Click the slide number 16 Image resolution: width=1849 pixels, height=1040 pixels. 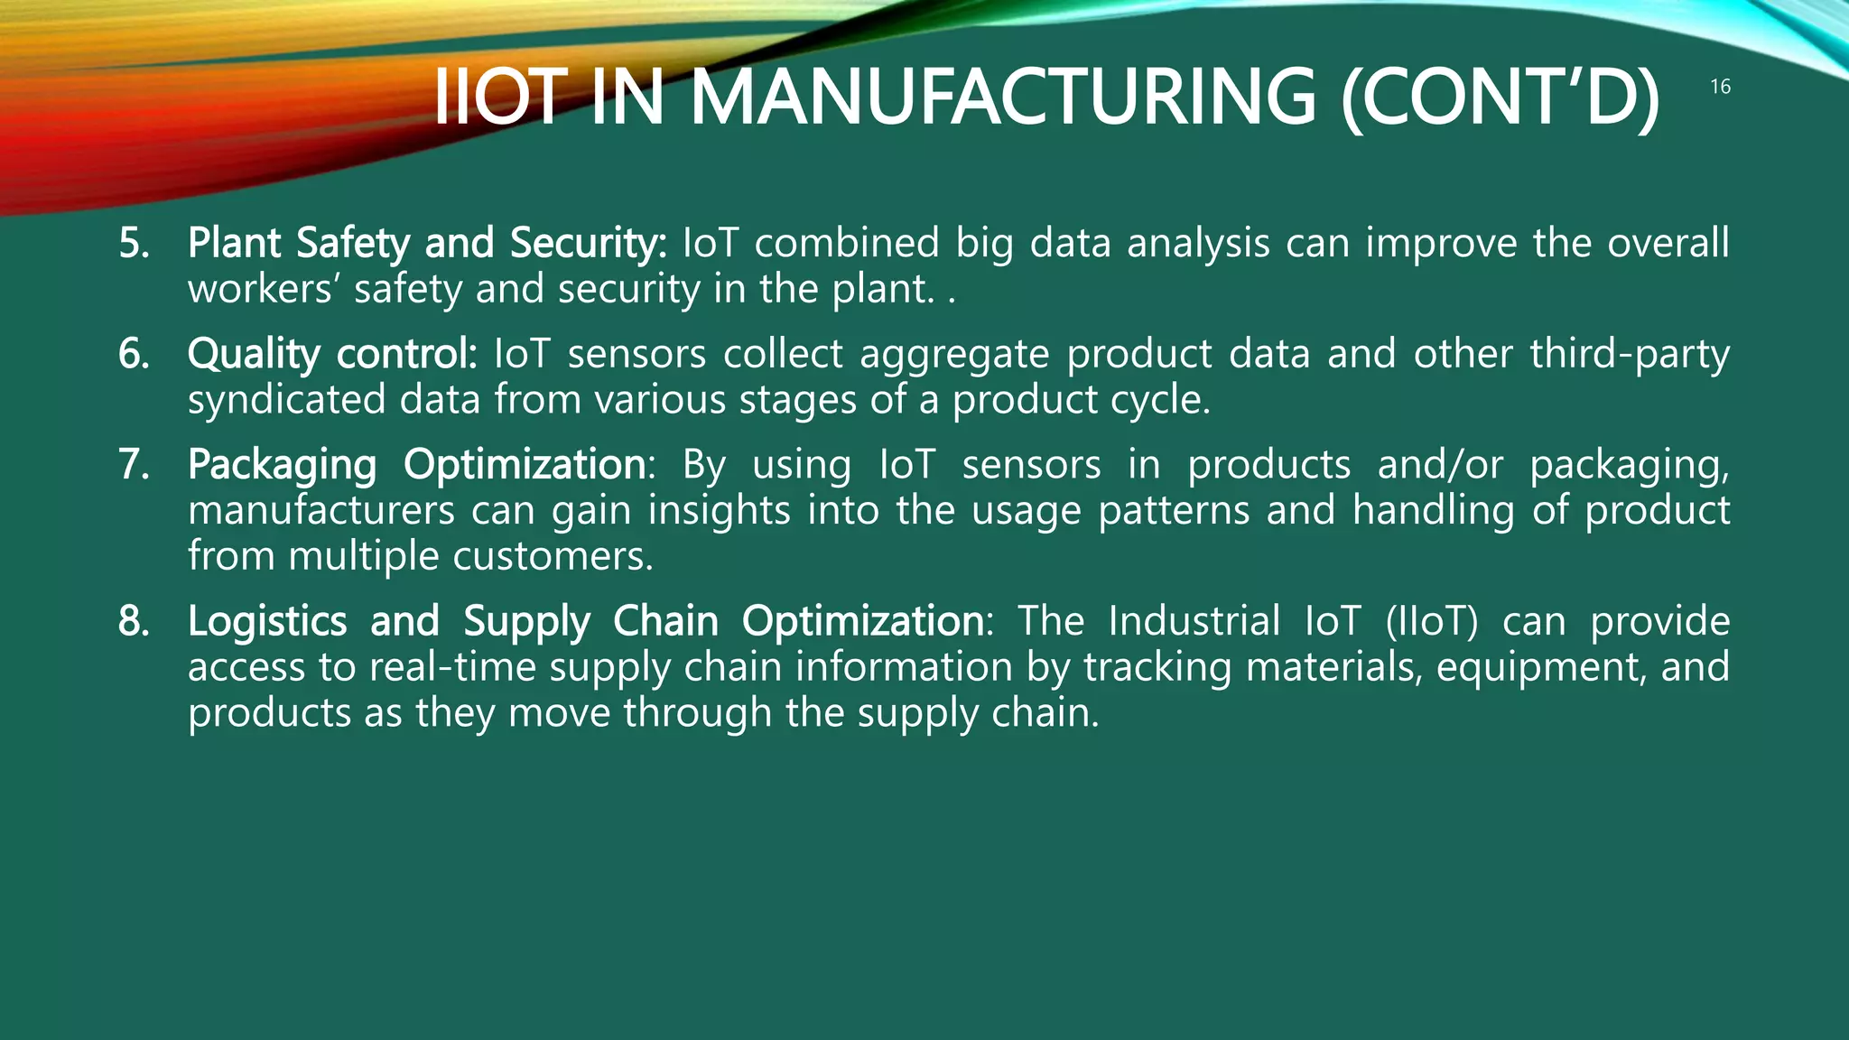click(x=1720, y=87)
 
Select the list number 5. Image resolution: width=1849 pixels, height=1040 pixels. click(x=134, y=244)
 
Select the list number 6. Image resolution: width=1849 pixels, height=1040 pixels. click(x=134, y=354)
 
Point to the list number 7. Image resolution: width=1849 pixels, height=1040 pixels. click(x=134, y=465)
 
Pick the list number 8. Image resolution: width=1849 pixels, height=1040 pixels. click(x=134, y=621)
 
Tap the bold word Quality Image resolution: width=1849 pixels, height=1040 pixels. click(x=253, y=354)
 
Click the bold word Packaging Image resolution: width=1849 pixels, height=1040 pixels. click(x=282, y=466)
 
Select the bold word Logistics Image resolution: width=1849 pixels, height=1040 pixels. click(x=266, y=621)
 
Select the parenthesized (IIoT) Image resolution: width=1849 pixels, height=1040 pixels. click(x=1431, y=621)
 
